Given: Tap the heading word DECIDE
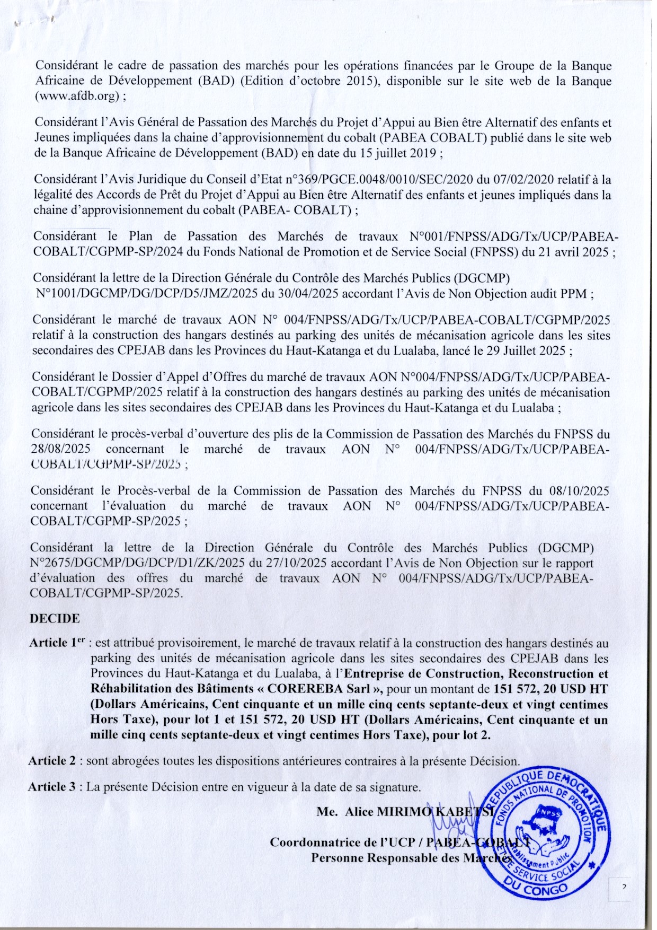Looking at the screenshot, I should point(55,618).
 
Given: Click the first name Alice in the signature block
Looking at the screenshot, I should point(360,812).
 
